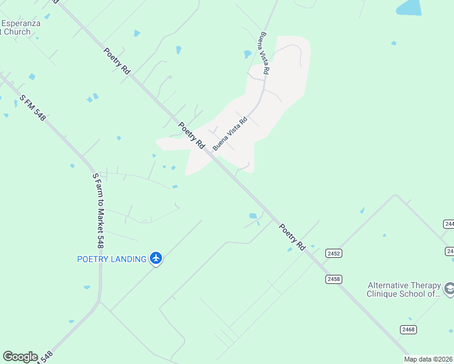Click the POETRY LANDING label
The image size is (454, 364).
112,259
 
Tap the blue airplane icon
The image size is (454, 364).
157,258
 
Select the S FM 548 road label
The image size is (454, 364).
32,107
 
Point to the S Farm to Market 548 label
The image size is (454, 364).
97,211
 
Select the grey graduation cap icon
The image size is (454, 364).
449,289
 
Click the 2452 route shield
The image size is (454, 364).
333,253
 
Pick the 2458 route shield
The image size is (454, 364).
333,279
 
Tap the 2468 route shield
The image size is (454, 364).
408,329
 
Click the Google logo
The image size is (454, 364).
20,356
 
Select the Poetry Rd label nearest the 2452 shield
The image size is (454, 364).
291,237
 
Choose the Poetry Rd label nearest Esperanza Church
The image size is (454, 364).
117,61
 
